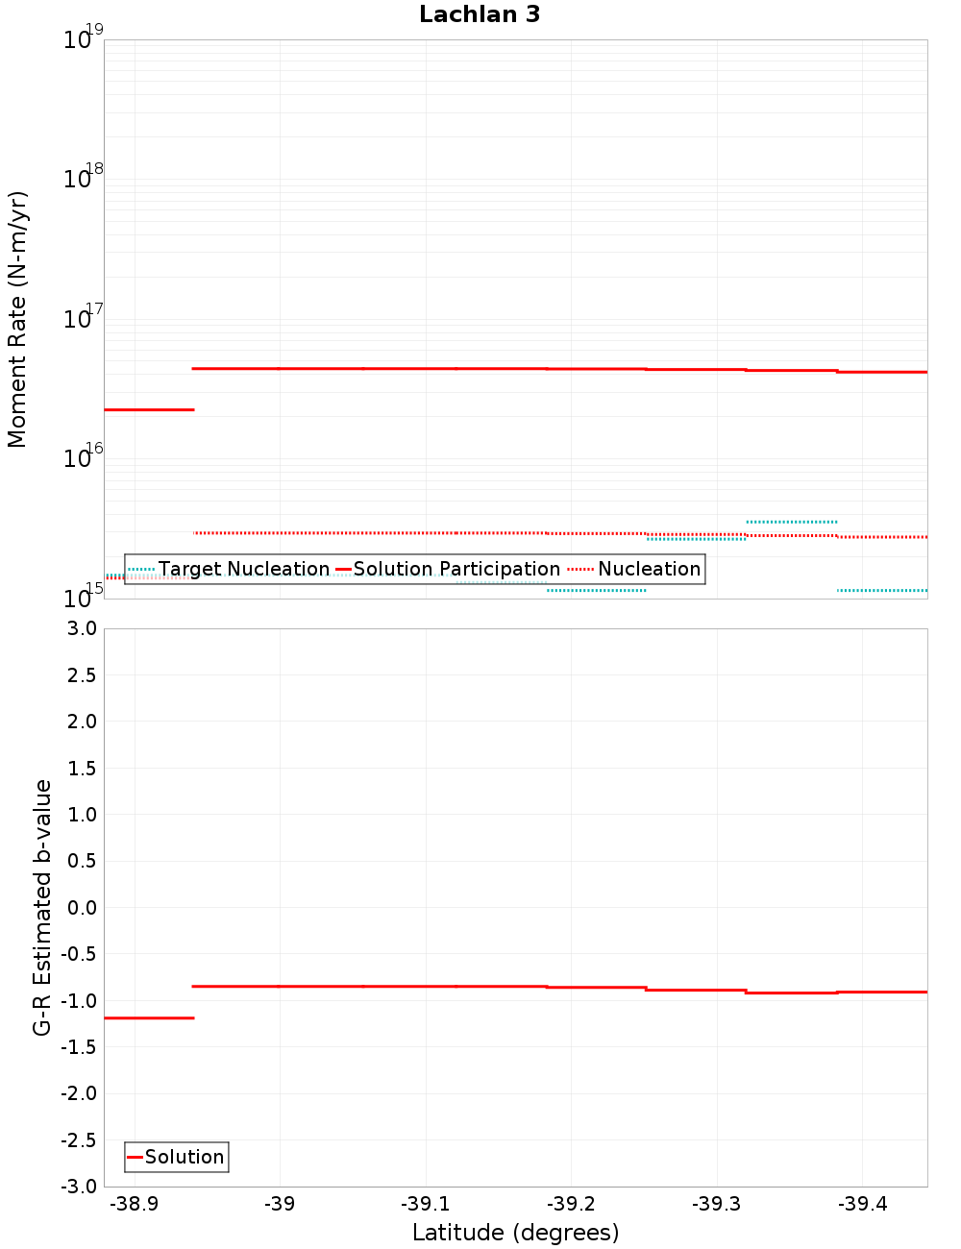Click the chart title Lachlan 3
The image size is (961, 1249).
[480, 14]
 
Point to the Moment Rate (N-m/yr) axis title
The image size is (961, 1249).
[17, 319]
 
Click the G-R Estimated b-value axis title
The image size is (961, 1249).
[42, 907]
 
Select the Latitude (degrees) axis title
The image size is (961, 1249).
[515, 1233]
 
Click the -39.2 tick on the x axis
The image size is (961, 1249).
[571, 1204]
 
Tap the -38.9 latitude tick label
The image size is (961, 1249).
[135, 1204]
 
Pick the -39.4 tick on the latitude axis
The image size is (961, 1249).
[862, 1204]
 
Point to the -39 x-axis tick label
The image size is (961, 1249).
[280, 1204]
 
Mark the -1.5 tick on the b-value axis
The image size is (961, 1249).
[79, 1047]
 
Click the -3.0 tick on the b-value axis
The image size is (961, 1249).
[79, 1187]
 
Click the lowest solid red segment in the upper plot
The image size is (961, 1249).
[149, 410]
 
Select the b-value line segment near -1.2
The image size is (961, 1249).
[149, 1017]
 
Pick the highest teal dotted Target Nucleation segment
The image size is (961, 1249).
[792, 522]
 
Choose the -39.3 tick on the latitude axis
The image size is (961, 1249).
[717, 1204]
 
